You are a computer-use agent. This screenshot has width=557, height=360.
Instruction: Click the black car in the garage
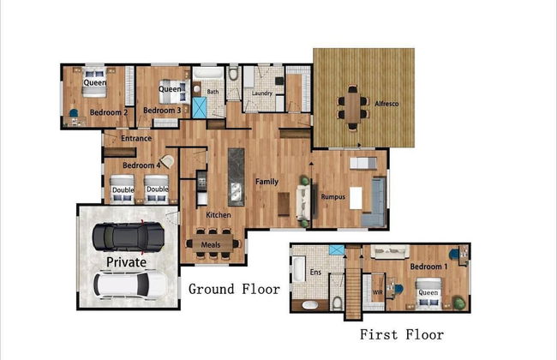(x=129, y=237)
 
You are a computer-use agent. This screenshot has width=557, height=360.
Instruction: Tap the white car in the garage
(x=130, y=285)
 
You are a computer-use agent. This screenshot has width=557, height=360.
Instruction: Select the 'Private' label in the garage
(x=127, y=262)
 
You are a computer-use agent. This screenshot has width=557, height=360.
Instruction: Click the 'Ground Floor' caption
(x=234, y=289)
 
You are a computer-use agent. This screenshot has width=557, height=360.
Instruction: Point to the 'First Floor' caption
(x=402, y=334)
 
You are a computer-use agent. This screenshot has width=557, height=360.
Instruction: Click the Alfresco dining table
(x=352, y=108)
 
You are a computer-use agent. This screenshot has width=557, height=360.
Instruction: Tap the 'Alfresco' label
(x=386, y=104)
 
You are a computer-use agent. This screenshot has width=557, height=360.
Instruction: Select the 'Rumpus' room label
(x=332, y=196)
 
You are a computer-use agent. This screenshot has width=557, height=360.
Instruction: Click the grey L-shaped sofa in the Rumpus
(x=374, y=202)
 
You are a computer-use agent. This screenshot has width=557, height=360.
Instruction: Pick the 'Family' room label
(x=267, y=182)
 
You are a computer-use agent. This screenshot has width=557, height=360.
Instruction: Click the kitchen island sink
(x=236, y=192)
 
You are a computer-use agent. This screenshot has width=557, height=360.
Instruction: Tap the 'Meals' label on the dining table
(x=211, y=244)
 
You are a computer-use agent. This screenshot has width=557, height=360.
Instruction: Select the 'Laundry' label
(x=262, y=93)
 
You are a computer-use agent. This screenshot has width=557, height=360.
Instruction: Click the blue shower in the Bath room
(x=200, y=108)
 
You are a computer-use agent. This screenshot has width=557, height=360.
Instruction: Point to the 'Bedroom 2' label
(x=109, y=112)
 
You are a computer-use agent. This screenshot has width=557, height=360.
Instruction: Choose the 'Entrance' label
(x=136, y=138)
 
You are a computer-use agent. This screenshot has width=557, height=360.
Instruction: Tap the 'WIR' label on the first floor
(x=377, y=292)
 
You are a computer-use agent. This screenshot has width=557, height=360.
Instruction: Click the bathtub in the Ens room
(x=298, y=270)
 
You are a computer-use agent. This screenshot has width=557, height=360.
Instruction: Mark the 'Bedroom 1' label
(x=428, y=267)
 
